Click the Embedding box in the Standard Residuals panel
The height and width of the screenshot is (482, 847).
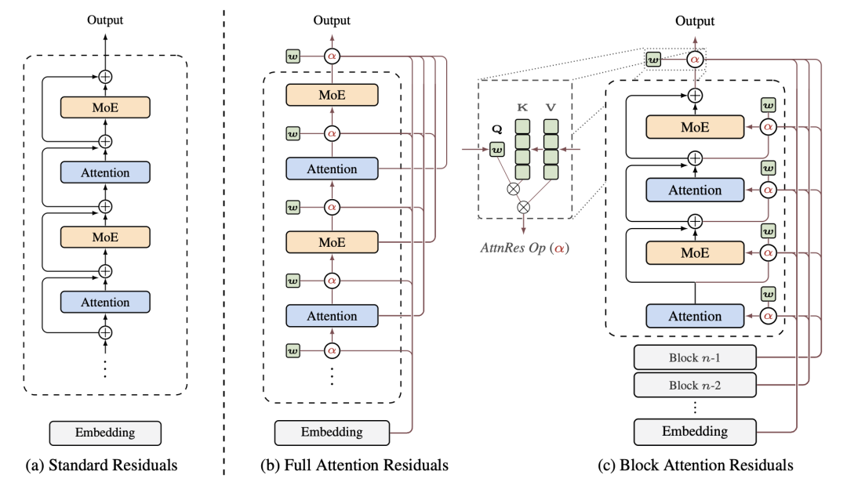point(105,433)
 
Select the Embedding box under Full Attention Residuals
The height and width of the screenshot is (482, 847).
point(332,432)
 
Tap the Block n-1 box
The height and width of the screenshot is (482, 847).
point(694,357)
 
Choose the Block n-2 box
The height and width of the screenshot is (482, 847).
point(694,385)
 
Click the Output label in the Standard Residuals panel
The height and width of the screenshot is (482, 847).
point(104,20)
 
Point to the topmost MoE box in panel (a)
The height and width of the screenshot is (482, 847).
point(104,109)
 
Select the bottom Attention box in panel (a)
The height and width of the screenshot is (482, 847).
point(104,303)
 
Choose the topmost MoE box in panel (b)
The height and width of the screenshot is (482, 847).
point(332,95)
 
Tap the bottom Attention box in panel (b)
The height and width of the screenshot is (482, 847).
point(332,316)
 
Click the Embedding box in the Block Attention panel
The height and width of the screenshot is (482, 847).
point(694,431)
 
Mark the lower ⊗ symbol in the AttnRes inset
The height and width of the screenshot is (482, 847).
point(524,207)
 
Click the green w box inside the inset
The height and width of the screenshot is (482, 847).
point(496,148)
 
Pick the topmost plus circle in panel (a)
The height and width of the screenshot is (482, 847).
point(104,77)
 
